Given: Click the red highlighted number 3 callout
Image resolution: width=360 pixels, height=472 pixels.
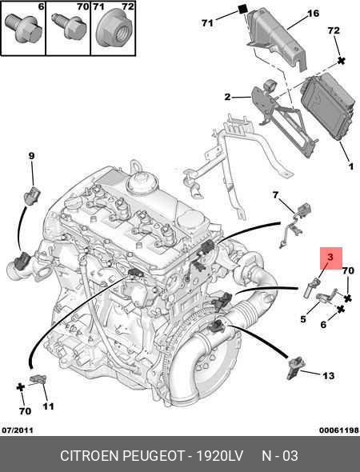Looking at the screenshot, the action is click(330, 258).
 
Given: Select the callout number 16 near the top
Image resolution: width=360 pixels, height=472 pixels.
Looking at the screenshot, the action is click(313, 14).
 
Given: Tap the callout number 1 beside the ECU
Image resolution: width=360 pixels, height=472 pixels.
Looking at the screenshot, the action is click(350, 166).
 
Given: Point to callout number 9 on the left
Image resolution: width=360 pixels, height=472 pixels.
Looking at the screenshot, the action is click(32, 156).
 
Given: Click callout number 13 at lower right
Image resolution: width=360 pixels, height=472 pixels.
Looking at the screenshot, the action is click(328, 376).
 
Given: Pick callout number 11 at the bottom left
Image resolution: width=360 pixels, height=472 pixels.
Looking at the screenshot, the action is click(48, 406).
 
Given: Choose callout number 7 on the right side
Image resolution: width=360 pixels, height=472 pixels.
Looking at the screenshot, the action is click(275, 195).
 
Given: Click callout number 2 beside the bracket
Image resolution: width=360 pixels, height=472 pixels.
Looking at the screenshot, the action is click(227, 97).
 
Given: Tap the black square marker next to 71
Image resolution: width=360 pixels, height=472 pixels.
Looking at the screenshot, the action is click(242, 10).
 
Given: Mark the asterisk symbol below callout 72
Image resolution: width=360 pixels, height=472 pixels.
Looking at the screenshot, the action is click(341, 61).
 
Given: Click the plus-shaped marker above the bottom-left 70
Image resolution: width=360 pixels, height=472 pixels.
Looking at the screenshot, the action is click(21, 387).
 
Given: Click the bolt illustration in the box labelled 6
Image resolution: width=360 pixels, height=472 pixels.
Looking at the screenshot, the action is click(23, 28).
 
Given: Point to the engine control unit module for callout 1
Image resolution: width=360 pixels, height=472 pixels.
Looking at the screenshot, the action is click(327, 107).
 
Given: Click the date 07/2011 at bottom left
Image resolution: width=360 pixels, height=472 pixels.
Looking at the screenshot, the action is click(18, 430).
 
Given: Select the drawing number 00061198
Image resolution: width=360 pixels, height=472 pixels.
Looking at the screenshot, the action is click(339, 430).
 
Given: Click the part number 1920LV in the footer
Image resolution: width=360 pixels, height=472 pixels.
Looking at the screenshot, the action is click(219, 456).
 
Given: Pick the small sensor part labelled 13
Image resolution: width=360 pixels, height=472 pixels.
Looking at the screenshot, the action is click(295, 367).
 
